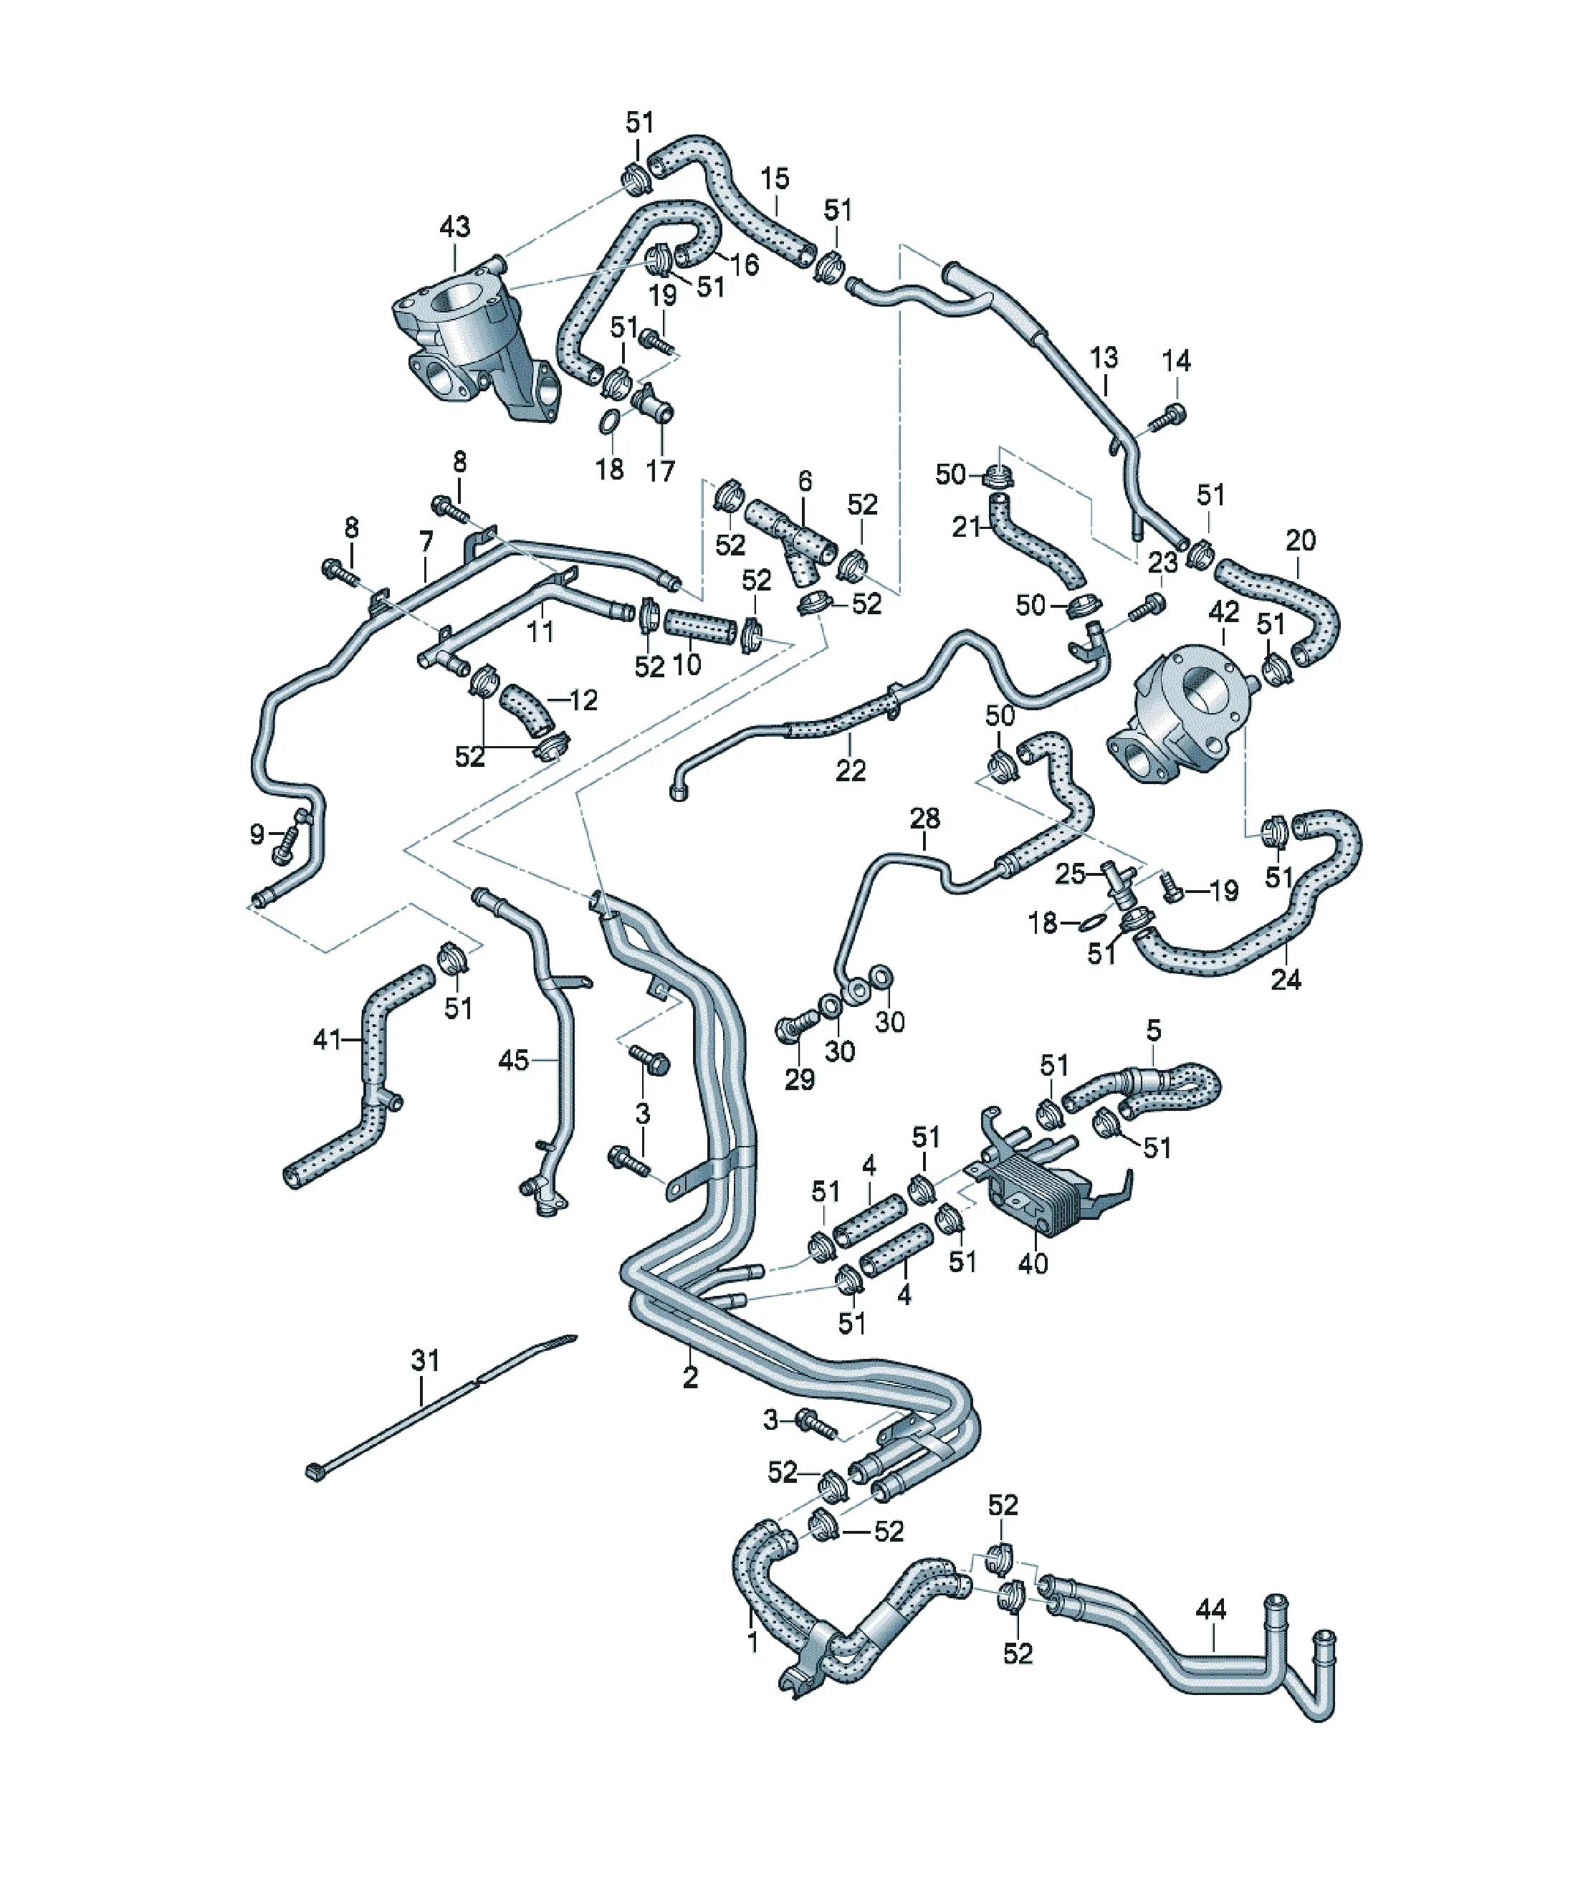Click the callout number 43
(454, 226)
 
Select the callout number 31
(425, 1385)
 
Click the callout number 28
(924, 818)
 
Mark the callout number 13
(1103, 358)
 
